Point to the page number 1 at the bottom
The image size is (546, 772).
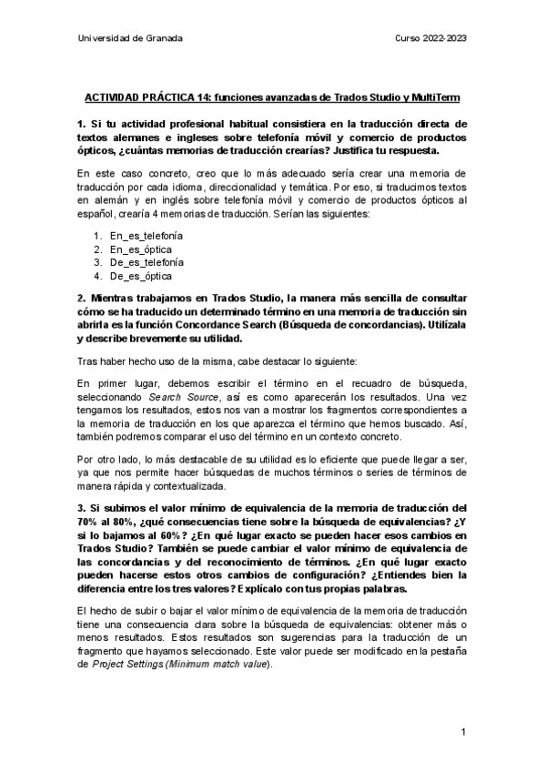[463, 733]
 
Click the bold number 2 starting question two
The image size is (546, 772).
[80, 296]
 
